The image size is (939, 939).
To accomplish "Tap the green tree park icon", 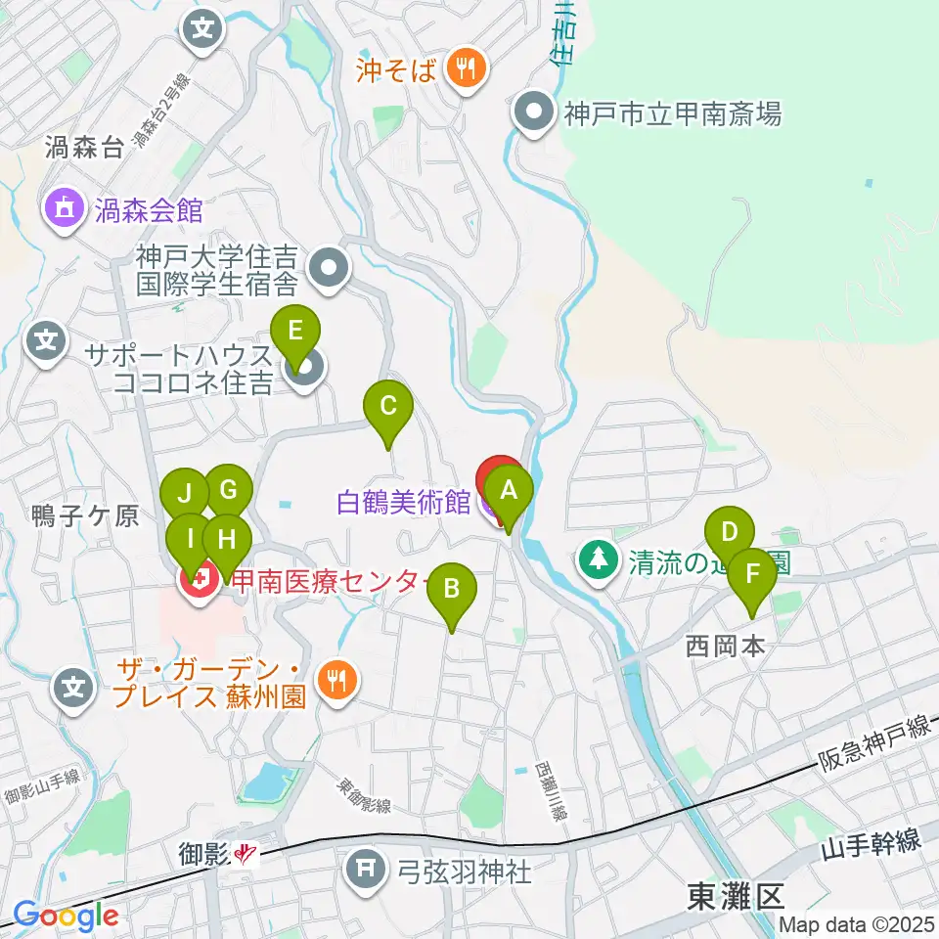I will click(599, 560).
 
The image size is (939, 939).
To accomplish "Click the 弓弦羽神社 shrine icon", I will click(369, 866).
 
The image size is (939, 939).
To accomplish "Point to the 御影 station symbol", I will click(246, 856).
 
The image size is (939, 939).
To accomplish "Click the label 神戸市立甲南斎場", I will click(672, 114).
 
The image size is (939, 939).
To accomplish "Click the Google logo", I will click(66, 916).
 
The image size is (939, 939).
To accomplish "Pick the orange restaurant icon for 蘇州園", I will click(338, 679).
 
